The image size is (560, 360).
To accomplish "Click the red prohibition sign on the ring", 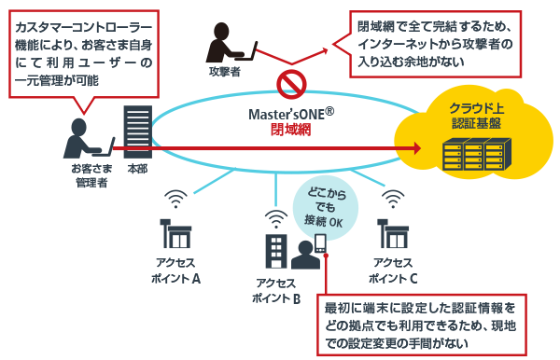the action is (291, 85).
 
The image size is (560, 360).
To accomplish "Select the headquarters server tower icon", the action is (138, 132).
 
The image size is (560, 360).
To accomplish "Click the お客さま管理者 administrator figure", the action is (89, 138).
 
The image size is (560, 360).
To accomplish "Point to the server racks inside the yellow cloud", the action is (477, 154).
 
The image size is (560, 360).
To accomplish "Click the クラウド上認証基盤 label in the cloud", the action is (476, 116).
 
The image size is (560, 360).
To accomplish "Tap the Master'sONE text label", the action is (291, 114).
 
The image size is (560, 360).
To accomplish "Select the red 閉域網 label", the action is (290, 130).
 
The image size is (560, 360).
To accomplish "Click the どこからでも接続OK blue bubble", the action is (325, 208).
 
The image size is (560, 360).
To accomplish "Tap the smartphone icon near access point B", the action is (320, 243).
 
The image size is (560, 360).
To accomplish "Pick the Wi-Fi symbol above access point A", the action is (175, 199).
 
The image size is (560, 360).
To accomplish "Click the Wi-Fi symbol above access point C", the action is (393, 199).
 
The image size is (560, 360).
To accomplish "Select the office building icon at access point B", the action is (276, 251).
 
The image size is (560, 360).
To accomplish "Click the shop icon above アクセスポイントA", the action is (175, 234).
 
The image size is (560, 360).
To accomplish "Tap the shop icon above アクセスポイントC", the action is (393, 234).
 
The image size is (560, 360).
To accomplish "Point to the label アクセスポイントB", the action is (276, 290).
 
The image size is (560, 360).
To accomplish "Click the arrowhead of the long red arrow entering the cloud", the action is (416, 147).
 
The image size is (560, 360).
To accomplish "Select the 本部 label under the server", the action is (137, 169).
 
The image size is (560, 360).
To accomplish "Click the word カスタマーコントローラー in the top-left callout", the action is (84, 27).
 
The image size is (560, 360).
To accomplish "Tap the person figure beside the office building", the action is (305, 256).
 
